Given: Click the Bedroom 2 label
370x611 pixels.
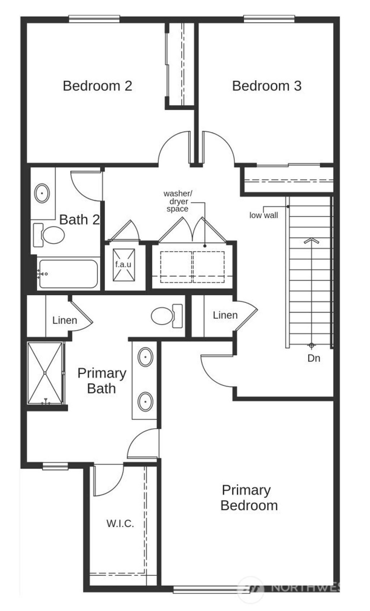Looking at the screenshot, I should (97, 86).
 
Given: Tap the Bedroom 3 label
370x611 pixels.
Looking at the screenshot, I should (267, 86).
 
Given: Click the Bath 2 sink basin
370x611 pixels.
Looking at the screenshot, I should (42, 193).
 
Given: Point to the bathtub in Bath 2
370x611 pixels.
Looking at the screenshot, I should (68, 274).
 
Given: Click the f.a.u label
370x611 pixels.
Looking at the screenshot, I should (123, 264).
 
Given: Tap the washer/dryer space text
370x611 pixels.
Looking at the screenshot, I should (178, 201).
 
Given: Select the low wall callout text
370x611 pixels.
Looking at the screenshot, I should (264, 216).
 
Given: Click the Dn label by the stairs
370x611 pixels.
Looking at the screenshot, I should (314, 358).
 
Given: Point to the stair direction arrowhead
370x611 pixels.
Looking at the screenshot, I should (311, 240).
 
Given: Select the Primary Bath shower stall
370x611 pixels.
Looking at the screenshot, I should (45, 373).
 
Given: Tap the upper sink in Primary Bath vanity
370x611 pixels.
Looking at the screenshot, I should (145, 357).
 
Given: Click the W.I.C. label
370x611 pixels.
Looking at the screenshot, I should (120, 523).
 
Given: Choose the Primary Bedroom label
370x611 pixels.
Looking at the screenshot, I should (249, 498).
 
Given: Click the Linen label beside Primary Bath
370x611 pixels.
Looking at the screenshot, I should (65, 320).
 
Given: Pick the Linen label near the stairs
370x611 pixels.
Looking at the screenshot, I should (225, 315).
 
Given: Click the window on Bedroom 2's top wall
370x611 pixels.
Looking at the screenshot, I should (94, 19).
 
